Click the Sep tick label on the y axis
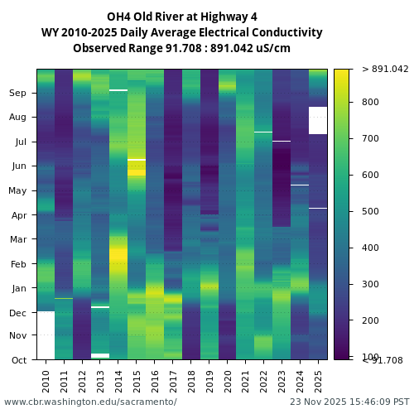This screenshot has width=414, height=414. pos(17,94)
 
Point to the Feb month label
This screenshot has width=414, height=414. pos(17,264)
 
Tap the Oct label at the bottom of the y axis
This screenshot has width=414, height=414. pos(17,359)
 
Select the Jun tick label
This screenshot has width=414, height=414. pos(17,166)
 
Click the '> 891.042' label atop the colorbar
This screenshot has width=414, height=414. pos(385,70)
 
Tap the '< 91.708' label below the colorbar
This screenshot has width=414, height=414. pos(383,360)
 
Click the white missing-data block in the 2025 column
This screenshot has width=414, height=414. pos(318,120)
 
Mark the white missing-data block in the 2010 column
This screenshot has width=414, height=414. pos(46,335)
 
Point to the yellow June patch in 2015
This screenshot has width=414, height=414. pos(137,167)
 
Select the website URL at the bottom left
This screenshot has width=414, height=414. pos(90,402)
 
